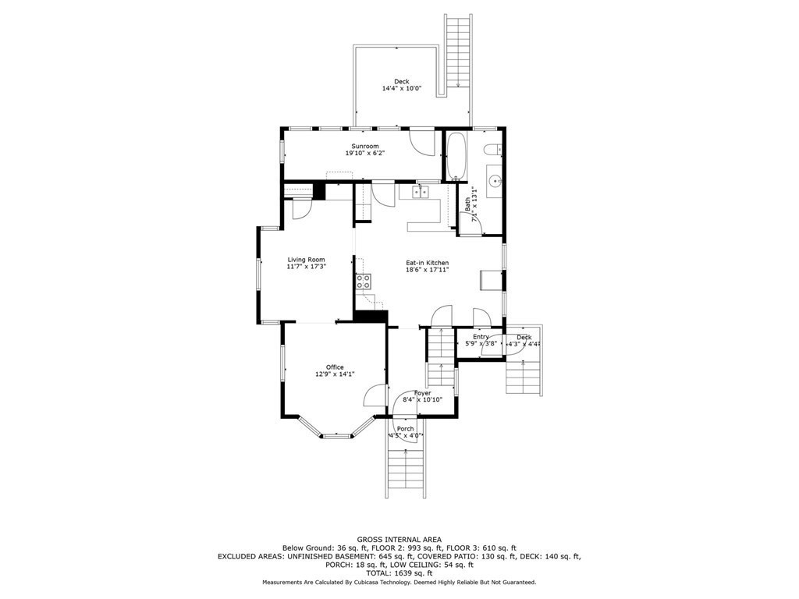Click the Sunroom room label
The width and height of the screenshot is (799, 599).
(365, 147)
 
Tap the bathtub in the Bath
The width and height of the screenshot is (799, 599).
(456, 156)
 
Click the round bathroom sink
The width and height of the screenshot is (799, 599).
(494, 181)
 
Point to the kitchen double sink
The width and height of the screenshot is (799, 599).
(421, 192)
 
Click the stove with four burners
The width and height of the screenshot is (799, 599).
(364, 282)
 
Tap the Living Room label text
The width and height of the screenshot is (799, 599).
(306, 260)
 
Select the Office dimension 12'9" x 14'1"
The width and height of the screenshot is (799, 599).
(335, 374)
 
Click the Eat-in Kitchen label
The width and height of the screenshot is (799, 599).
(427, 263)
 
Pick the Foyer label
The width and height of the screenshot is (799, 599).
(422, 393)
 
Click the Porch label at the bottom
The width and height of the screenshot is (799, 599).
(406, 429)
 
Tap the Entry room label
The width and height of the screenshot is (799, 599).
(481, 336)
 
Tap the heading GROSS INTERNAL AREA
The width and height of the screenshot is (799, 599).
(399, 539)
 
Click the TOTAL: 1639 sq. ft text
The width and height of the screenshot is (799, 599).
(399, 572)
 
